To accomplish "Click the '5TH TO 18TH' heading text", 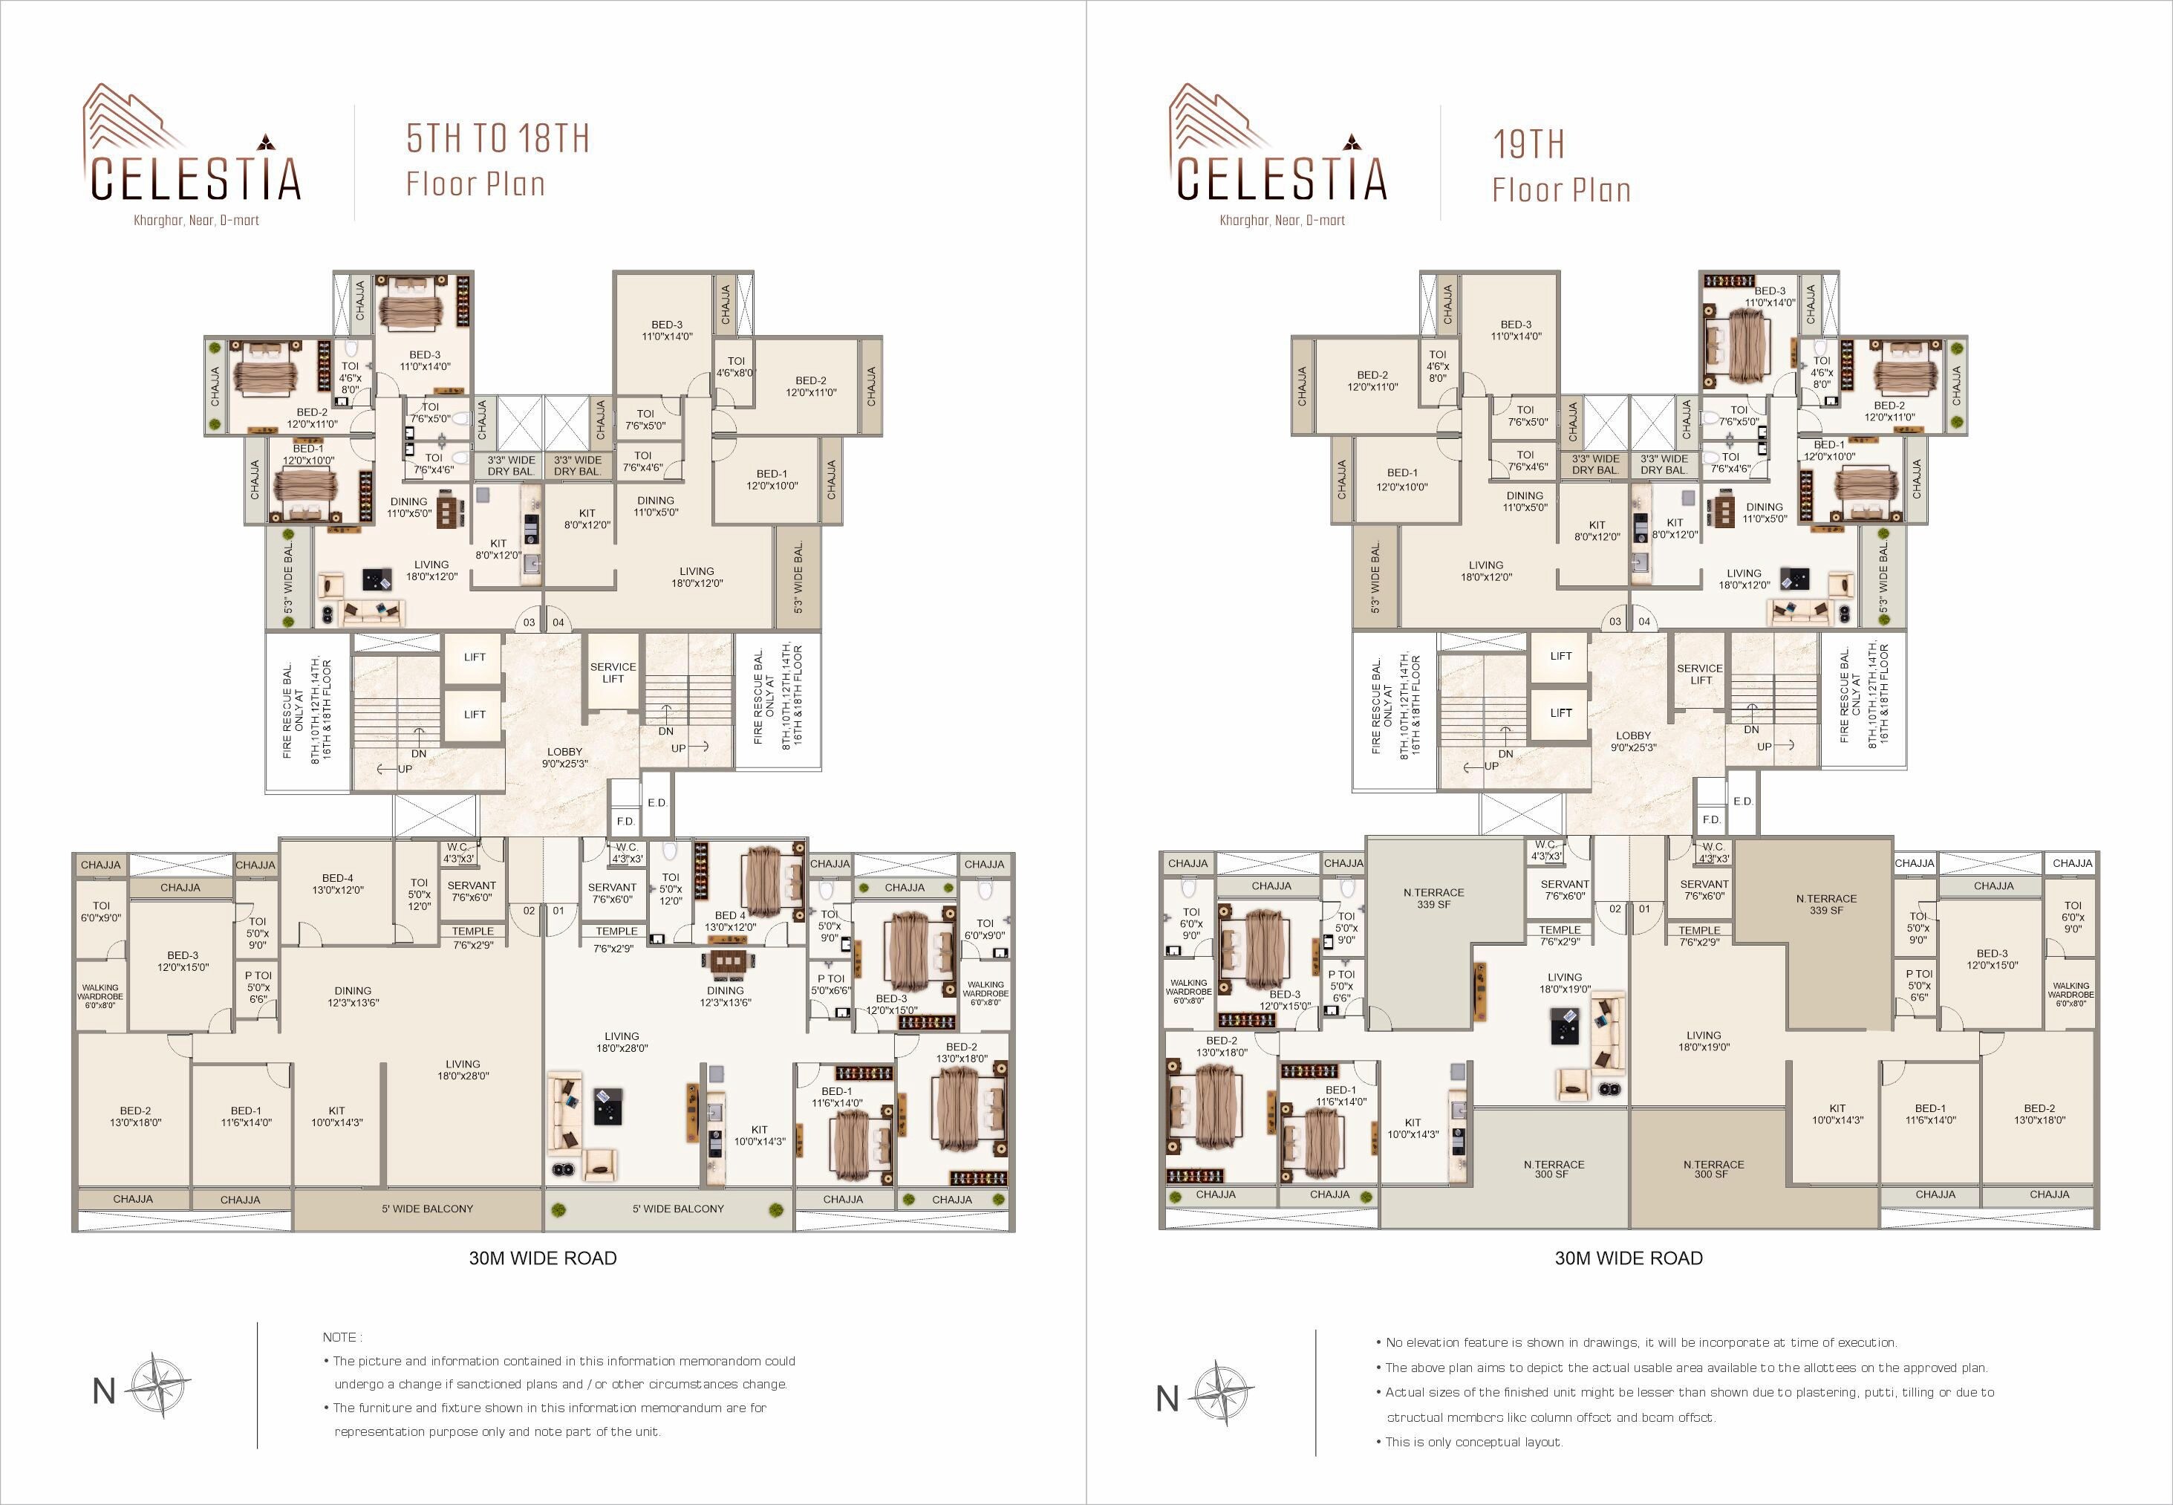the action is [498, 139].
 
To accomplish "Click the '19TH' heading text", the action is [1528, 144].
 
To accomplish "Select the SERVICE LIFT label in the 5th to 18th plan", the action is [613, 672].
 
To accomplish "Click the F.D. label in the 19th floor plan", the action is [1711, 819].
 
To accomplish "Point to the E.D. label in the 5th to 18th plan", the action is [657, 802].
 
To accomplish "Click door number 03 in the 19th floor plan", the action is [1615, 622].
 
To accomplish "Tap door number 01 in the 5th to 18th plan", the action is [559, 911].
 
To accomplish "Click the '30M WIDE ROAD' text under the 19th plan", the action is [1628, 1258].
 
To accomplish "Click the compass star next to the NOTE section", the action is [157, 1385].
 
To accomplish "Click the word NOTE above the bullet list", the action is [339, 1337].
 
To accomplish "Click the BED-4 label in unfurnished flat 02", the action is [336, 883].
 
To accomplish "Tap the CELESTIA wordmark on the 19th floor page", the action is [1281, 178].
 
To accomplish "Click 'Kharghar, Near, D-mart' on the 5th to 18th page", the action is [196, 221].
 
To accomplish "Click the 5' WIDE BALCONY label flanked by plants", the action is [678, 1208].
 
